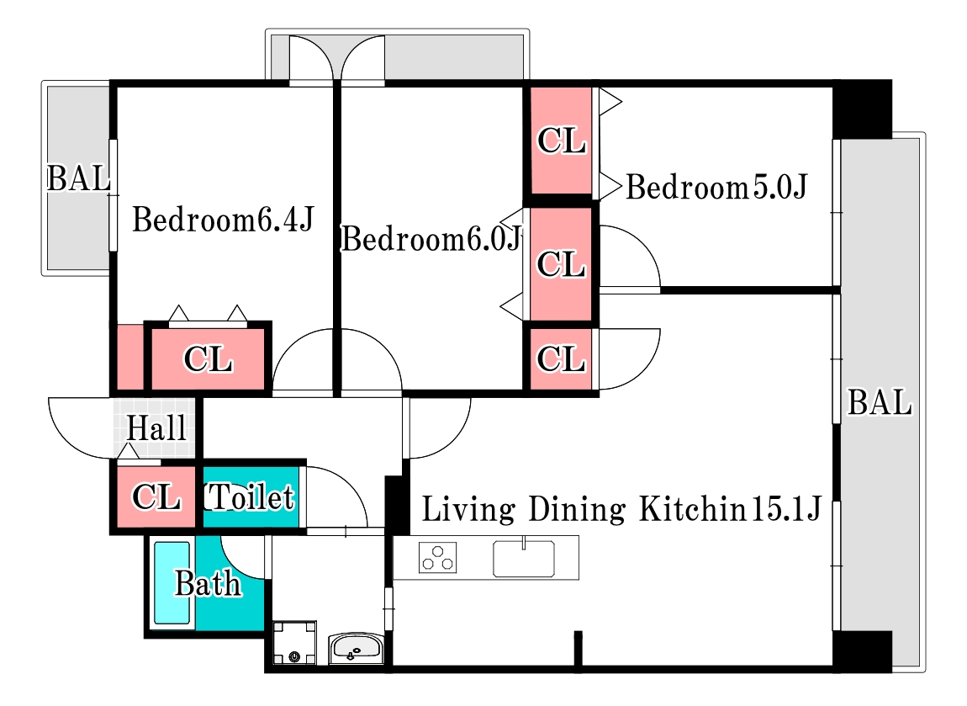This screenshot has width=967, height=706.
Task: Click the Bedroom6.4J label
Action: (x=223, y=220)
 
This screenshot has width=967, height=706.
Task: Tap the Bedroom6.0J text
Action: (x=431, y=239)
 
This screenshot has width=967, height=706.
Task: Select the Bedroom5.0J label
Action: (x=716, y=187)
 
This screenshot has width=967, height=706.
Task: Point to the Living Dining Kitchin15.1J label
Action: (x=621, y=509)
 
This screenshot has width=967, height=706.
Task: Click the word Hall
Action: (x=156, y=427)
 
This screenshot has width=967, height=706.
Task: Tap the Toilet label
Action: (x=249, y=496)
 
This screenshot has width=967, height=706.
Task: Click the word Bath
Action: (x=208, y=583)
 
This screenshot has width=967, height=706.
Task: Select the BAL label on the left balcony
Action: (x=78, y=179)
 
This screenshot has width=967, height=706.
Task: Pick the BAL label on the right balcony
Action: (x=880, y=402)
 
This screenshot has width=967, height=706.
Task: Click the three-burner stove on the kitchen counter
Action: (x=438, y=557)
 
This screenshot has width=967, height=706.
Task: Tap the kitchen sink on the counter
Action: (x=524, y=559)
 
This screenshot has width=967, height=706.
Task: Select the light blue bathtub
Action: (x=172, y=583)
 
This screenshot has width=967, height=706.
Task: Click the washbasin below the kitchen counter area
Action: (x=357, y=648)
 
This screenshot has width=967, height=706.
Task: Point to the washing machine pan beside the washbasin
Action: (x=295, y=642)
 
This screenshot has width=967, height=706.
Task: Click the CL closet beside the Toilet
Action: (x=156, y=496)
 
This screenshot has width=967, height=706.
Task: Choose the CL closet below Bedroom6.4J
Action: (x=208, y=358)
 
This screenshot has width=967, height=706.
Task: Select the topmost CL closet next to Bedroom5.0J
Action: (x=561, y=140)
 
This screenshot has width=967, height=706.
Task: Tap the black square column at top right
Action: (x=862, y=109)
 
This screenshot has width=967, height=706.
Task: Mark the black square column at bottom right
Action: (x=862, y=651)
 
